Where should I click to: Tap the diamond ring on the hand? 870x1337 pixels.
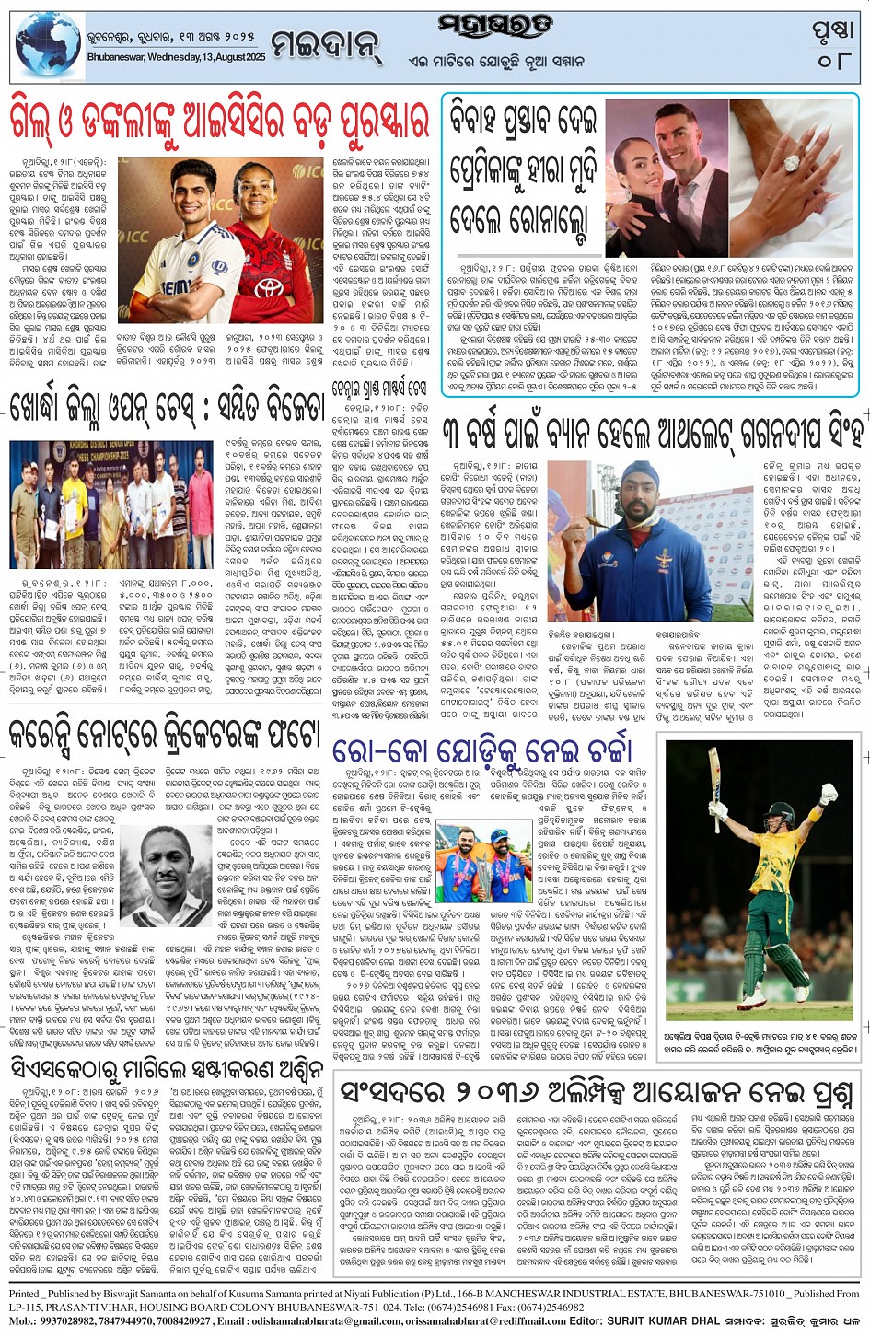(x=790, y=164)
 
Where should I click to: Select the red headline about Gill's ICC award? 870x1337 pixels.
(x=219, y=121)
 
